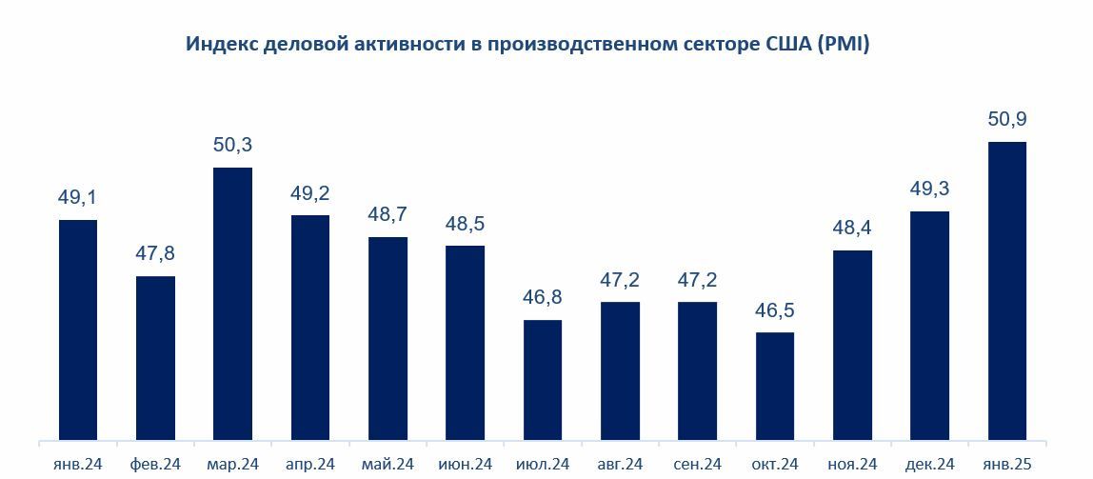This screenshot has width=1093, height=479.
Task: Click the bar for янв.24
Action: tap(78, 329)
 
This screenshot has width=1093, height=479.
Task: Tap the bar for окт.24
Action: tap(775, 386)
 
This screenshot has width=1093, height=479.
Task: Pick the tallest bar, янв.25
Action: tap(1007, 290)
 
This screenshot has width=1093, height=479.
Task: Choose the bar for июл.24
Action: tap(543, 380)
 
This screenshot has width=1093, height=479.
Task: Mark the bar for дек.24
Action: tap(930, 325)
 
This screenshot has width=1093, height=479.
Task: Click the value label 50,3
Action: tap(232, 147)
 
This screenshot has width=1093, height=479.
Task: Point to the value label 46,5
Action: tap(775, 311)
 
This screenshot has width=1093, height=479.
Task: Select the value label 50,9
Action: tap(1007, 120)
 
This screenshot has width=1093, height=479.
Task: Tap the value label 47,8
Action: tap(155, 254)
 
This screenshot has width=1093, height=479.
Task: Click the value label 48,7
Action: tap(388, 215)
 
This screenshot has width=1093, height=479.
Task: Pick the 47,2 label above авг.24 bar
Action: tap(620, 281)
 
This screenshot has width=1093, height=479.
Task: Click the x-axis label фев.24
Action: tap(155, 465)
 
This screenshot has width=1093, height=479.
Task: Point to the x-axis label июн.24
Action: tap(465, 465)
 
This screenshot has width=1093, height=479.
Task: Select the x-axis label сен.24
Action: tap(697, 465)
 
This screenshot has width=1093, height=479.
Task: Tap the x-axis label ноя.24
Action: tap(852, 465)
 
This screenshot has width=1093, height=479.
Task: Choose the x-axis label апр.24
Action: tap(309, 465)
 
